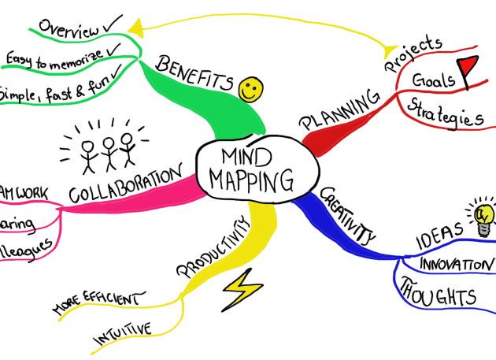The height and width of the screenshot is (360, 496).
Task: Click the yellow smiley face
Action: pyautogui.click(x=250, y=88)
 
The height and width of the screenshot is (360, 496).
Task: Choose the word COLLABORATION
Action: pyautogui.click(x=126, y=184)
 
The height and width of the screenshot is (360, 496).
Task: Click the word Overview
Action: pyautogui.click(x=69, y=27)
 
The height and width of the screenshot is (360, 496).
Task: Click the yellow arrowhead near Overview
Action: pyautogui.click(x=139, y=29)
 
